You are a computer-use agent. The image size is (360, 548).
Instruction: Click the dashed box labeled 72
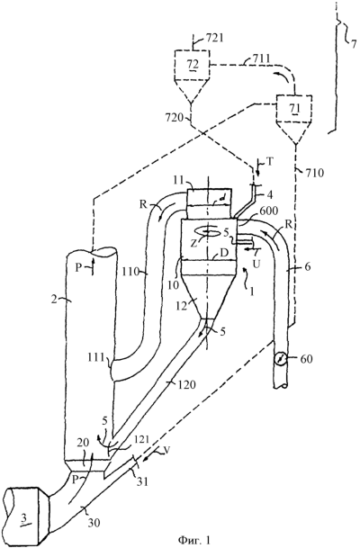point(193,65)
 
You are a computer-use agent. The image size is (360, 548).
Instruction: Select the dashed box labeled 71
point(293,108)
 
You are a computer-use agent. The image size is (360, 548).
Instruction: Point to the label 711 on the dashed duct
point(258,58)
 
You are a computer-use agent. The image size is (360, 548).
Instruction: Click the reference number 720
point(174,117)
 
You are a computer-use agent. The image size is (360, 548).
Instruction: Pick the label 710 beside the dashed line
point(313,172)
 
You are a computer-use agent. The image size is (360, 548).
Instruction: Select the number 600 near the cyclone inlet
point(266,211)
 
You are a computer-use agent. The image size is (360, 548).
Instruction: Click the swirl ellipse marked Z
point(208,232)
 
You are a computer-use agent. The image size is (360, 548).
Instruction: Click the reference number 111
point(97,357)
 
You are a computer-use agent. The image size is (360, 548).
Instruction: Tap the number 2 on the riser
point(53,300)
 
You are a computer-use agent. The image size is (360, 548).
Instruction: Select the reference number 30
point(94,523)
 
